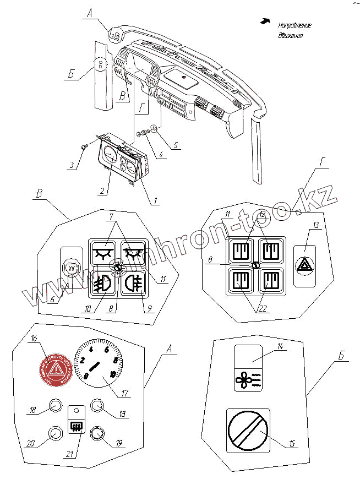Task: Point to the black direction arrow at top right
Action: [x=266, y=21]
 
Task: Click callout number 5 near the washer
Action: [x=176, y=146]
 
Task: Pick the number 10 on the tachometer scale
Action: [x=113, y=374]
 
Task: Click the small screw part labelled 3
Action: [x=84, y=146]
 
